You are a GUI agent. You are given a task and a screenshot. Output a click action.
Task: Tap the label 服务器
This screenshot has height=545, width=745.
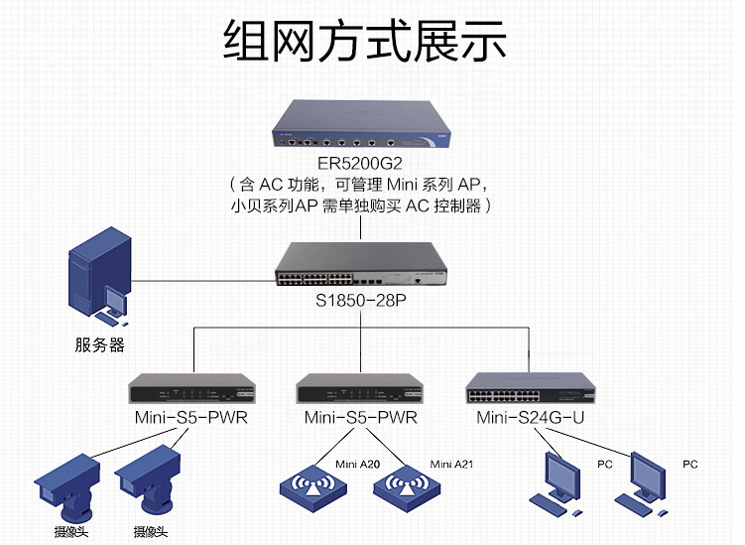click(x=99, y=345)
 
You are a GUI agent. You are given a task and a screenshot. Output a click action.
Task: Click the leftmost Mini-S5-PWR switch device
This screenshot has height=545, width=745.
click(x=190, y=389)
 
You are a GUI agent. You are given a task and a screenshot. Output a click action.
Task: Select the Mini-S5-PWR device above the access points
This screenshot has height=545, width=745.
click(x=360, y=389)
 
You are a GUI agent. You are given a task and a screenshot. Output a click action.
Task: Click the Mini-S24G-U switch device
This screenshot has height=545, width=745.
click(x=530, y=388)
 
